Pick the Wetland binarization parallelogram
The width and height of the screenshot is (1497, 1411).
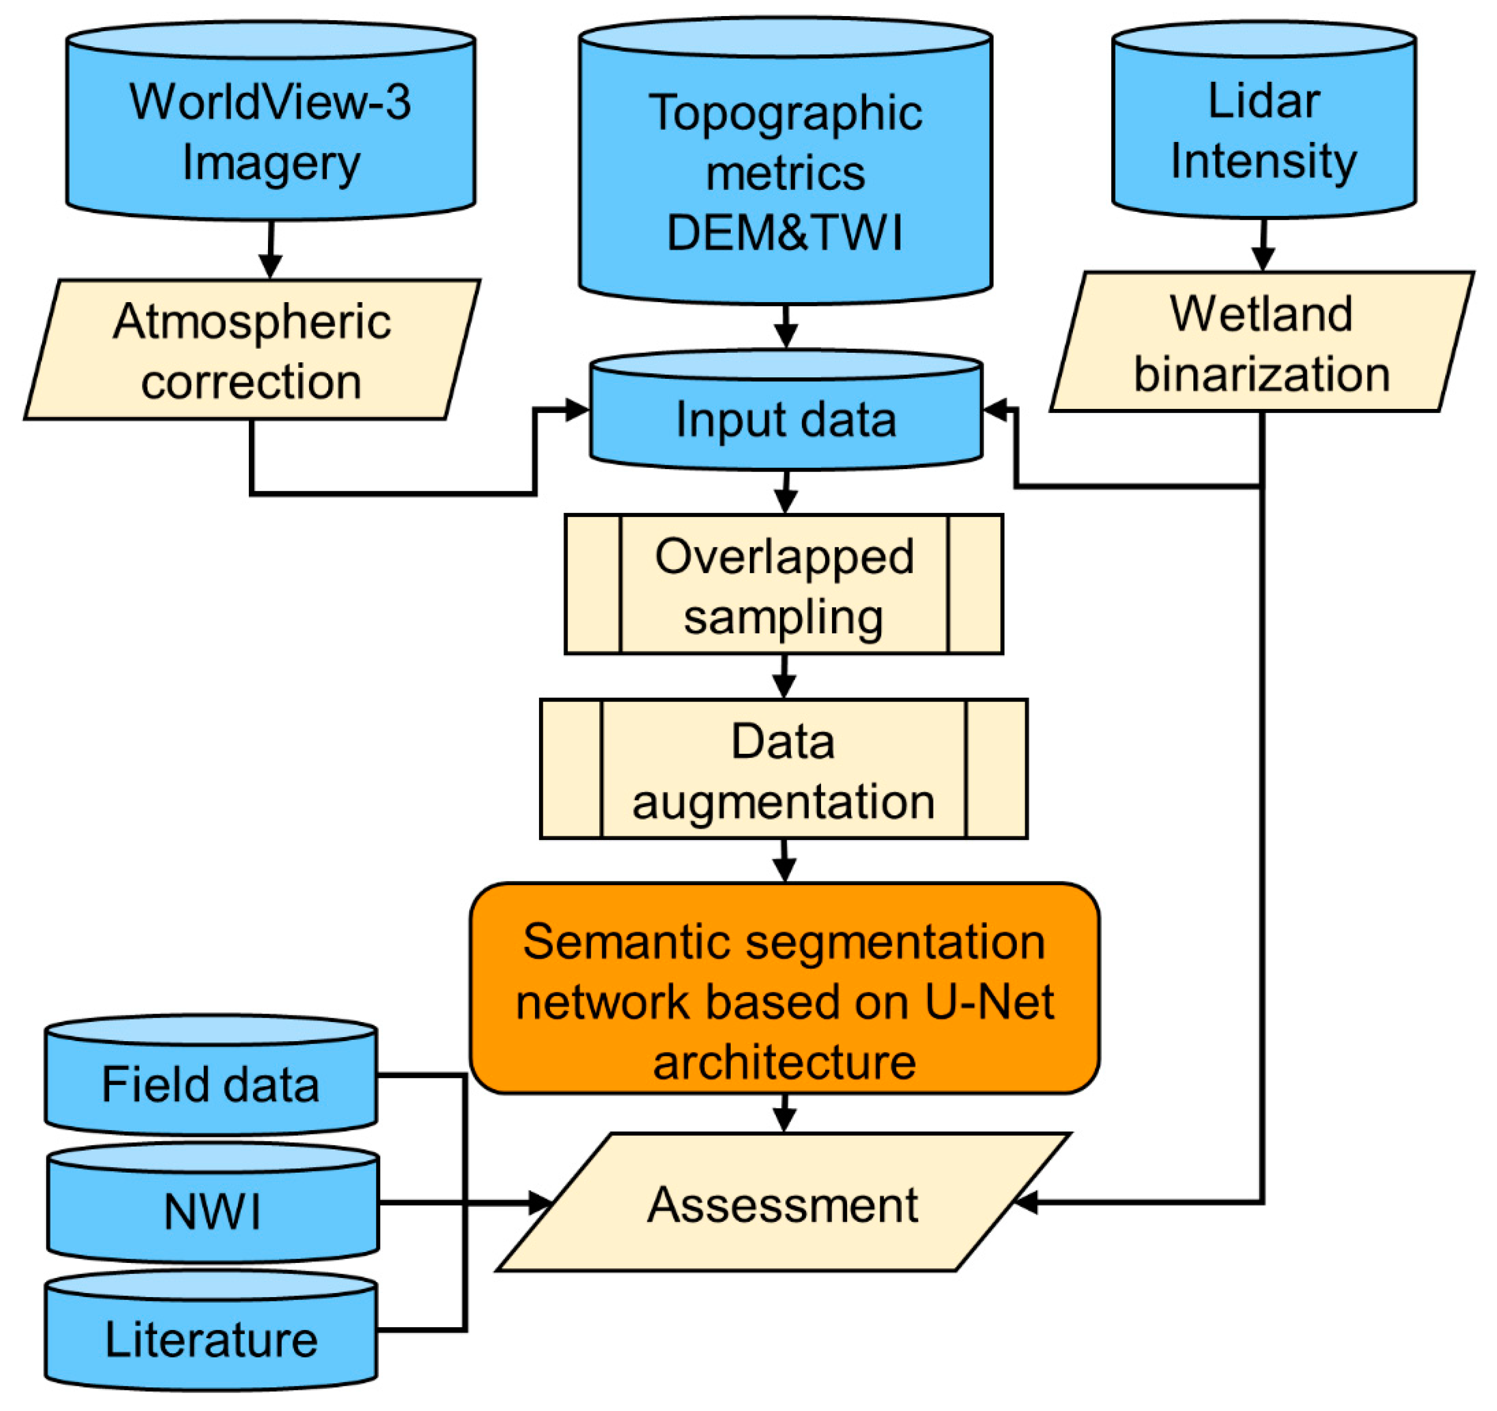(1261, 343)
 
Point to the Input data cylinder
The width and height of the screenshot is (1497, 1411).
(785, 418)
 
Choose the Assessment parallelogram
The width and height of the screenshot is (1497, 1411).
(783, 1205)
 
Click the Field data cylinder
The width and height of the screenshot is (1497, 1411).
(211, 1084)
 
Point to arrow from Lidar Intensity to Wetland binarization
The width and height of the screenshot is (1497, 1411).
(1263, 245)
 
